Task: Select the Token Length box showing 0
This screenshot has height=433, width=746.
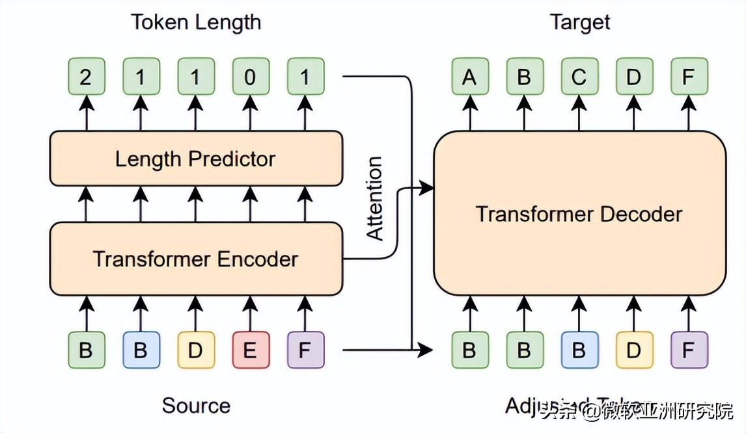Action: [251, 77]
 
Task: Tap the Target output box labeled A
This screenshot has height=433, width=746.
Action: [469, 77]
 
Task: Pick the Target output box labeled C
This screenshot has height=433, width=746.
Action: [579, 77]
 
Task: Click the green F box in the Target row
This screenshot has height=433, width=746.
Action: [689, 77]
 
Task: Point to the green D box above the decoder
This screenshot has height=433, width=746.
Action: [633, 77]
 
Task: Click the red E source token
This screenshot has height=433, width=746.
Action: [251, 350]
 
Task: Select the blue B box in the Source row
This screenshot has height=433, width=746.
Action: [141, 350]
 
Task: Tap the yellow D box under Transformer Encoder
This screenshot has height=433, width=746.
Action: [195, 350]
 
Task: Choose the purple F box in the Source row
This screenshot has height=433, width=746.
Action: [305, 350]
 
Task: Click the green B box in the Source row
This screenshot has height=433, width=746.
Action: [86, 350]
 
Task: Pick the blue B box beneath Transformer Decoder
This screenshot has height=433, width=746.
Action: [579, 350]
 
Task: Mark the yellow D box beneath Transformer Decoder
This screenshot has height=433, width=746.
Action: [633, 350]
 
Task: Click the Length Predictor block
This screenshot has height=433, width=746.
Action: [195, 159]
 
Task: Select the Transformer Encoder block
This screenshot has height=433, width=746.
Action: [195, 259]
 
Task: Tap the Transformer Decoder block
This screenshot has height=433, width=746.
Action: [579, 214]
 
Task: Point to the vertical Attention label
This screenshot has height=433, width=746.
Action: [375, 199]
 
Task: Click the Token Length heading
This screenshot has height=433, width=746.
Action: [196, 22]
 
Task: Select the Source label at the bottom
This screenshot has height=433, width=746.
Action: [196, 406]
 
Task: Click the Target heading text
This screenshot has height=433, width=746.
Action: [580, 22]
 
